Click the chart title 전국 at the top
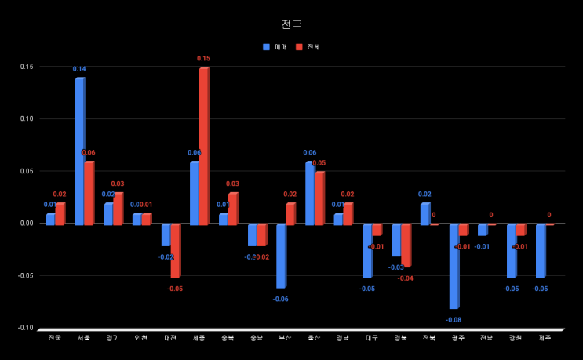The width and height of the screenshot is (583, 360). (291, 24)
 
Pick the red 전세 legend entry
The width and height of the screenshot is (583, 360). (308, 47)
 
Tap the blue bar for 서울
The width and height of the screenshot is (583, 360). (79, 151)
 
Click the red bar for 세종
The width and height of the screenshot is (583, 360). (204, 146)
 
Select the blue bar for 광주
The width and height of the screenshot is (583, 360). (454, 266)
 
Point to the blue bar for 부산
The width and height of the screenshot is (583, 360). (280, 256)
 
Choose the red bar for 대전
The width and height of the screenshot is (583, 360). (175, 250)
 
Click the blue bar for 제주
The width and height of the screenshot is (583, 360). (540, 250)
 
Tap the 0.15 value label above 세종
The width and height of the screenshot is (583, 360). (203, 59)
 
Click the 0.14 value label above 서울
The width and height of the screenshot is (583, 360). (79, 69)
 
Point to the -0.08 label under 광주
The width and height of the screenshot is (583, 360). (454, 320)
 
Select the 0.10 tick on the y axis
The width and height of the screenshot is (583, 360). (27, 119)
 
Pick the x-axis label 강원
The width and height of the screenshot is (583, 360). (515, 338)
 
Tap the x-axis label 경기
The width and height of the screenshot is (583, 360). (112, 338)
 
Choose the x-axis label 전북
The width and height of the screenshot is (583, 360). (428, 338)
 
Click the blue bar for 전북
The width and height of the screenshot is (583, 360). (424, 214)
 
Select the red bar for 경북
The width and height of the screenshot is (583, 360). (406, 245)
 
